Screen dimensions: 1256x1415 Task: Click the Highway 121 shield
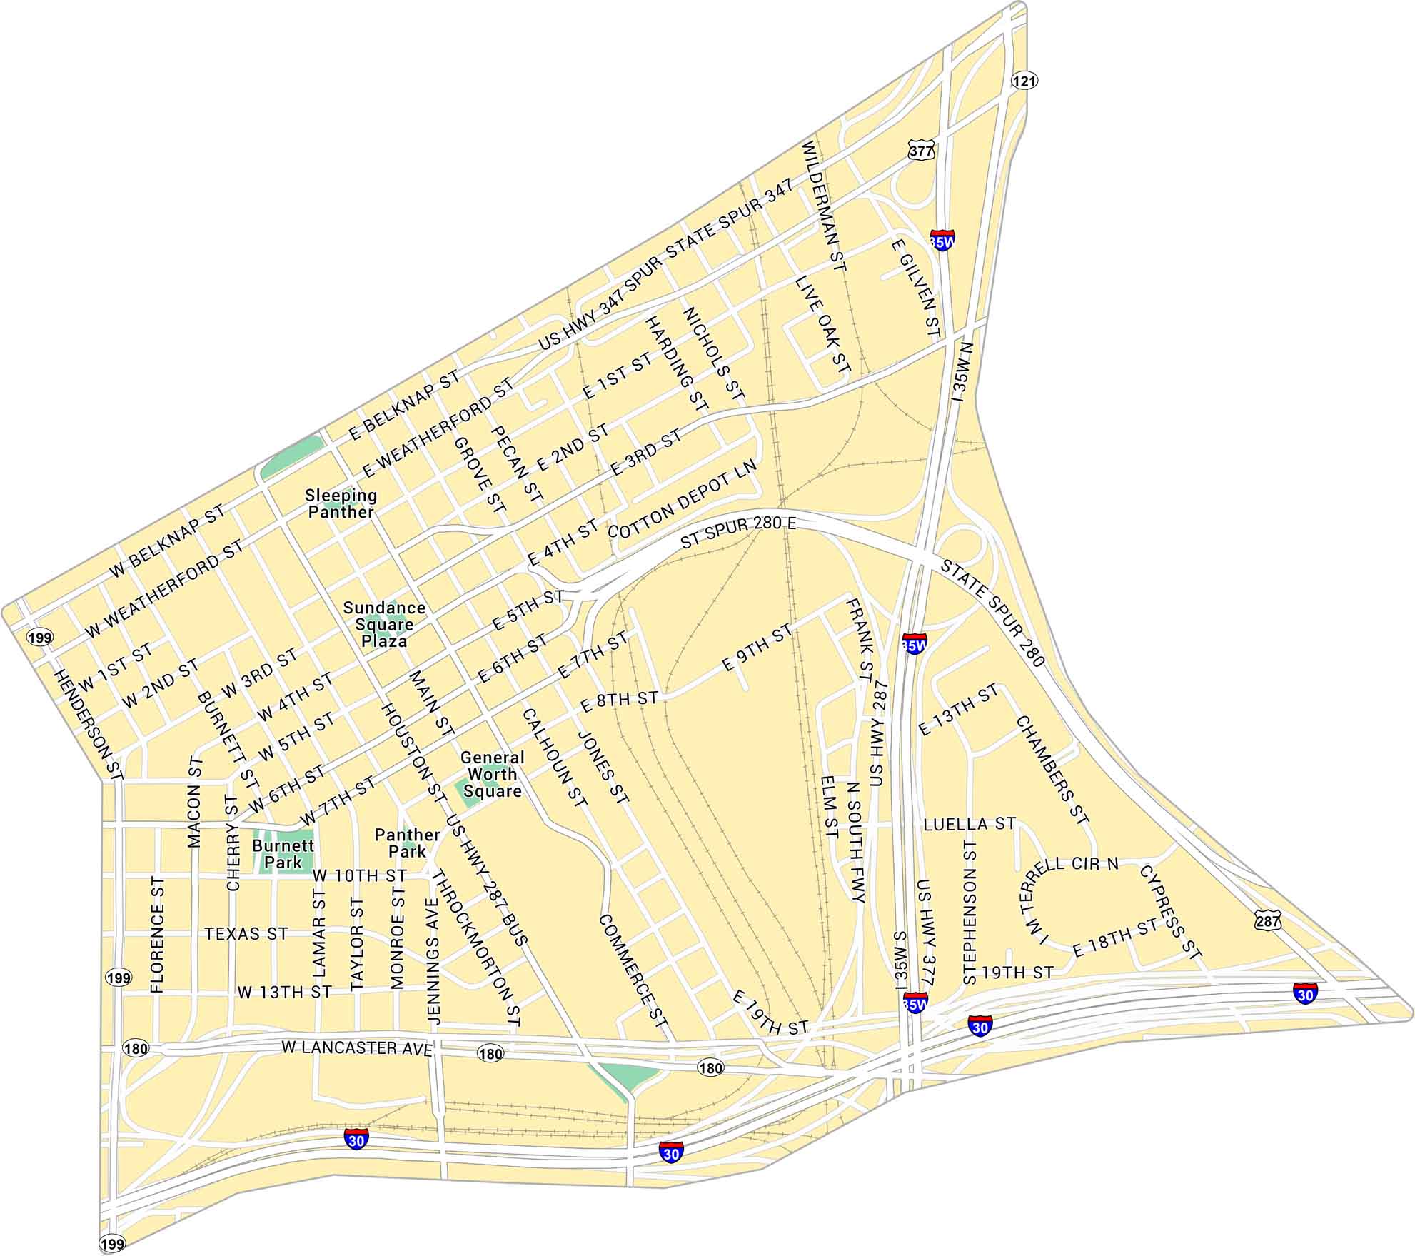tap(1024, 81)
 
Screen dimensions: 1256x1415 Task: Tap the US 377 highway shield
tap(921, 151)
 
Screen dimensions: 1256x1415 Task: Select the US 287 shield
tap(1268, 921)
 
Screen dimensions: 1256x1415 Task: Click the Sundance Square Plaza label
tap(384, 624)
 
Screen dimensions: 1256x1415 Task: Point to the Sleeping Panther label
tap(341, 503)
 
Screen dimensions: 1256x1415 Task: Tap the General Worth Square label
tap(492, 774)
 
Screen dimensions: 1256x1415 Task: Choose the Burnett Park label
tap(283, 853)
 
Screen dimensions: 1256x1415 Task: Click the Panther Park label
tap(407, 843)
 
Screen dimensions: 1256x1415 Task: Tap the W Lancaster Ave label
tap(357, 1047)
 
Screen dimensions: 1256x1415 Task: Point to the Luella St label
tap(969, 824)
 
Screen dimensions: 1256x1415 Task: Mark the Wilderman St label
tap(823, 206)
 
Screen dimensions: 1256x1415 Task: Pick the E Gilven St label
tap(915, 288)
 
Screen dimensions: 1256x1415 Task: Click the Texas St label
tap(246, 933)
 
